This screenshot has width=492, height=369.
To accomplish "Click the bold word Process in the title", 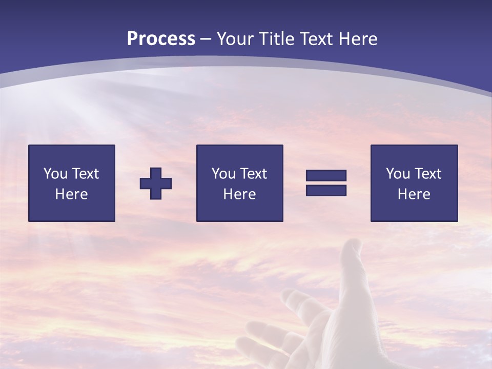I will pyautogui.click(x=161, y=39).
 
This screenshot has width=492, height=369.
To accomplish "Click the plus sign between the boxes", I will pyautogui.click(x=156, y=183).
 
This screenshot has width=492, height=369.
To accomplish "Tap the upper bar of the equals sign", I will pyautogui.click(x=326, y=175).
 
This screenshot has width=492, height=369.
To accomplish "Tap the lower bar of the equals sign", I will pyautogui.click(x=326, y=191).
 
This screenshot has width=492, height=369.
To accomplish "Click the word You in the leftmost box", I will pyautogui.click(x=55, y=174).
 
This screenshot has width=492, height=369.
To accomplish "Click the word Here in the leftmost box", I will pyautogui.click(x=71, y=194).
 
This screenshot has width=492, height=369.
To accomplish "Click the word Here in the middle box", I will pyautogui.click(x=239, y=194).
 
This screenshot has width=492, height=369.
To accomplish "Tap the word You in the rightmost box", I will pyautogui.click(x=398, y=174).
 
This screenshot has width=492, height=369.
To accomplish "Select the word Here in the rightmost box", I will pyautogui.click(x=414, y=194).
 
